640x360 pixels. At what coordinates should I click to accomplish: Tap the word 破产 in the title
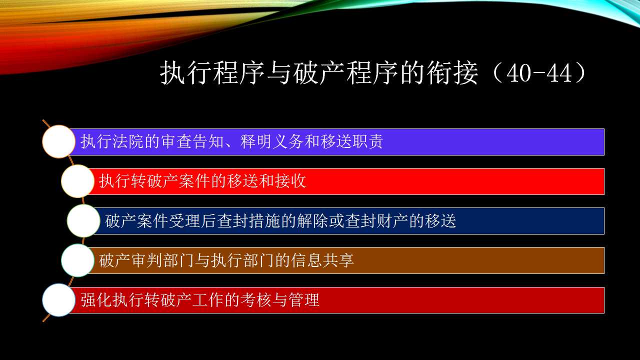319,73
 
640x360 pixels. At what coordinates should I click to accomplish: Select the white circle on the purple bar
59,141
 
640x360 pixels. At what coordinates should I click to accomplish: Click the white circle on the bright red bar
77,181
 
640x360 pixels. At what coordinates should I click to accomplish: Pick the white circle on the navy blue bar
83,220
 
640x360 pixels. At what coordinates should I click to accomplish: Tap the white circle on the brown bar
77,260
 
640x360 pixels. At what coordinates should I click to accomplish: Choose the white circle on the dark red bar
59,300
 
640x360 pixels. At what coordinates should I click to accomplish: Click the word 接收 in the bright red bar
290,181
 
